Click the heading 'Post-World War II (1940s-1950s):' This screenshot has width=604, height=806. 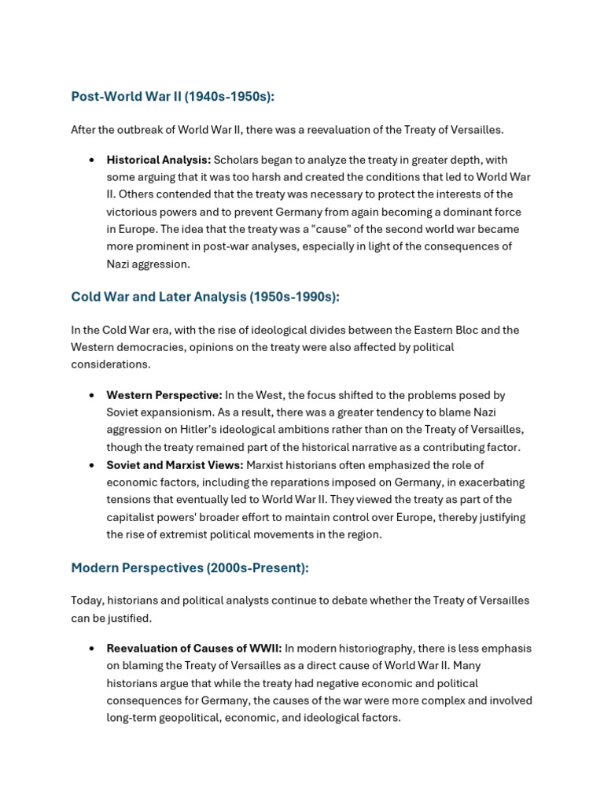[172, 97]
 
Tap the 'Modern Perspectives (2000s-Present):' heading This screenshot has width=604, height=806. [190, 568]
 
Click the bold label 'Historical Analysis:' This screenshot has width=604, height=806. [159, 160]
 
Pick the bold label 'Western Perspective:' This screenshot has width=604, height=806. [164, 395]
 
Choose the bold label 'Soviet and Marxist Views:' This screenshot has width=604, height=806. [175, 464]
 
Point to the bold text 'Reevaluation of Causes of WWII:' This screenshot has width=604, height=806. [194, 649]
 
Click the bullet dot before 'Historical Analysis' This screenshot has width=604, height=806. [92, 160]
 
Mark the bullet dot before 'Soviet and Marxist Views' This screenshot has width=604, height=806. [92, 464]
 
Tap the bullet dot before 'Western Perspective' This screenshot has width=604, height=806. [92, 395]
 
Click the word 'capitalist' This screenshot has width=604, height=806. [133, 516]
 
